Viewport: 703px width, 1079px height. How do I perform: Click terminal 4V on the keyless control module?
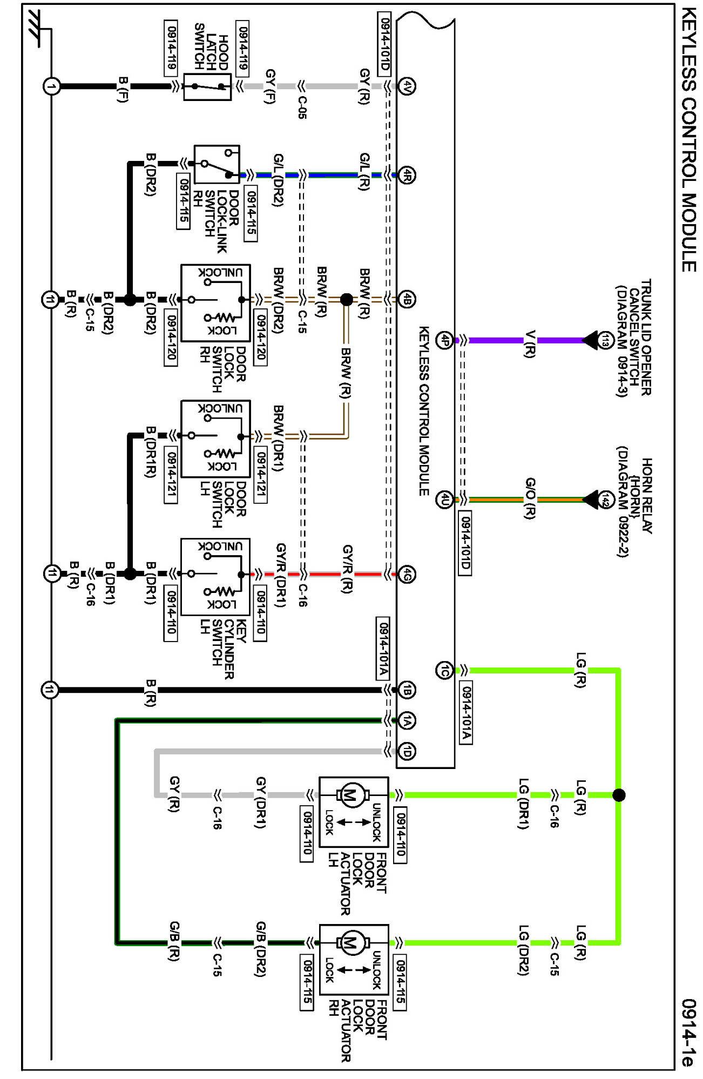tap(407, 86)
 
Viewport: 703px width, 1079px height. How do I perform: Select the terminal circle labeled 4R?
tap(407, 176)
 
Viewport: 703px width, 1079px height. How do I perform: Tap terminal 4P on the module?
tap(444, 340)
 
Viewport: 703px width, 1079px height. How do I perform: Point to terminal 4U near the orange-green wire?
tap(444, 500)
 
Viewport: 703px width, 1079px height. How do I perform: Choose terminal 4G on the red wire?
tap(407, 575)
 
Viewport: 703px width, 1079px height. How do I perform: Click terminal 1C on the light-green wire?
tap(444, 671)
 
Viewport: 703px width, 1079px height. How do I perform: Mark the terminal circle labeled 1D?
tap(407, 751)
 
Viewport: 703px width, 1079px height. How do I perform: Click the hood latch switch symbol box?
tap(207, 86)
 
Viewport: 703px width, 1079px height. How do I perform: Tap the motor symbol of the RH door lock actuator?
tap(351, 943)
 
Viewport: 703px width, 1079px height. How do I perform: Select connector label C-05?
tap(302, 107)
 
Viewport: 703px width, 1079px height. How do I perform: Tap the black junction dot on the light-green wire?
tap(619, 795)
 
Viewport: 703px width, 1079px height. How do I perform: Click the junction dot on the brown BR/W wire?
tap(347, 299)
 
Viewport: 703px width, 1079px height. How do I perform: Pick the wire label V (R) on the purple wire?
tap(530, 343)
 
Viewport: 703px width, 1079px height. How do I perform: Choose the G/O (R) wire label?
tap(530, 498)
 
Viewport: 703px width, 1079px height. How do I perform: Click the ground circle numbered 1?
tap(51, 86)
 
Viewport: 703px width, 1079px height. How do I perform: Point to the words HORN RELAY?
tap(647, 496)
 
